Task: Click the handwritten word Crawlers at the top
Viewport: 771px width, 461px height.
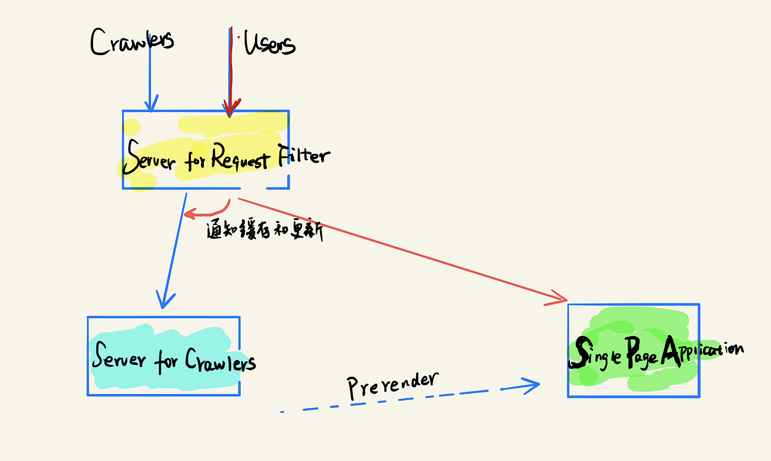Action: click(x=132, y=42)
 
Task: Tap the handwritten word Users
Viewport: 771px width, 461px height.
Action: click(x=270, y=44)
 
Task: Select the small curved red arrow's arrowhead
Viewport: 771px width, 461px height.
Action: click(x=188, y=214)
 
